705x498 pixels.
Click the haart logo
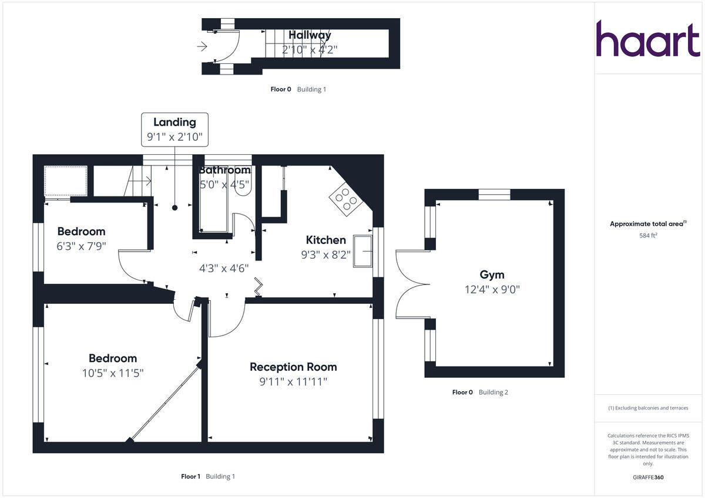648,39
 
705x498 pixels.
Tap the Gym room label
492,275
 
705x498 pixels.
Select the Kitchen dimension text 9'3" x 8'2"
325,255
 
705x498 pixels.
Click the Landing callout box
174,129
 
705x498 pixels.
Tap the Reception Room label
293,367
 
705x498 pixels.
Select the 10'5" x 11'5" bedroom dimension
113,372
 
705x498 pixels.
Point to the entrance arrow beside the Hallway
203,46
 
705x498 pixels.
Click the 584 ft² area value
648,236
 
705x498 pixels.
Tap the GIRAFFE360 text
648,477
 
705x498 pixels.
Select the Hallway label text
310,35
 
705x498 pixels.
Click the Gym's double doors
410,284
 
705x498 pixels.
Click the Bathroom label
224,170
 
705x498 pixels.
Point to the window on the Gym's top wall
494,195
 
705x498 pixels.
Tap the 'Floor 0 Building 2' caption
480,392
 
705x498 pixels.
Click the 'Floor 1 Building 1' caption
207,476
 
